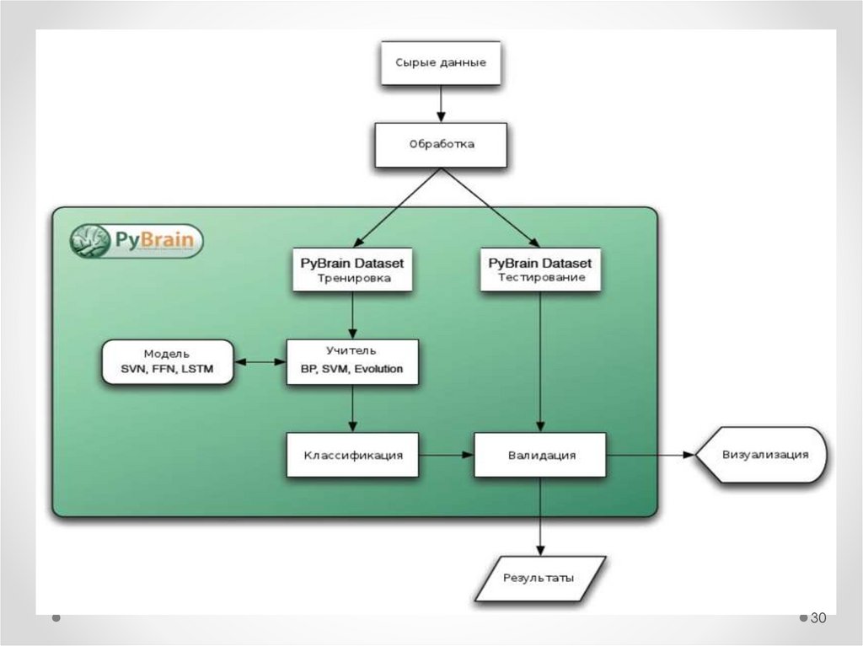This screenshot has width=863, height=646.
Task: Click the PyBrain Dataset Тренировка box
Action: click(x=353, y=270)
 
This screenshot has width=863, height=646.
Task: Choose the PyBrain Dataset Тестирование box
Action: click(x=540, y=270)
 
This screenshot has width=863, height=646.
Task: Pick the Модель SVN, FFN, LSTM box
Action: click(x=167, y=361)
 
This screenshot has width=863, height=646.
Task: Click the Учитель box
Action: click(x=351, y=361)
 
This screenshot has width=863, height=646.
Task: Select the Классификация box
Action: click(x=352, y=455)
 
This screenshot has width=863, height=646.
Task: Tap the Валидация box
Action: click(x=540, y=455)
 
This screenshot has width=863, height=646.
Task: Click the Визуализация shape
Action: click(x=763, y=455)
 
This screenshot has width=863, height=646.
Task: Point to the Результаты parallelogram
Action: click(x=539, y=578)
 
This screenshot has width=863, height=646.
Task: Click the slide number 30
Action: click(x=817, y=618)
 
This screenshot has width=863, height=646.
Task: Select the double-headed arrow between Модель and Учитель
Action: click(x=260, y=362)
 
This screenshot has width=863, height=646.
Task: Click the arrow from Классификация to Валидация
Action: click(x=446, y=455)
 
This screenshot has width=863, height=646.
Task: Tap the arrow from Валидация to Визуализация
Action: click(x=650, y=455)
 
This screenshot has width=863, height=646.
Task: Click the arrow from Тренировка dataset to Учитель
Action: click(x=352, y=316)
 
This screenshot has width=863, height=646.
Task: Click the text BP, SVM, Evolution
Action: click(x=351, y=369)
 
